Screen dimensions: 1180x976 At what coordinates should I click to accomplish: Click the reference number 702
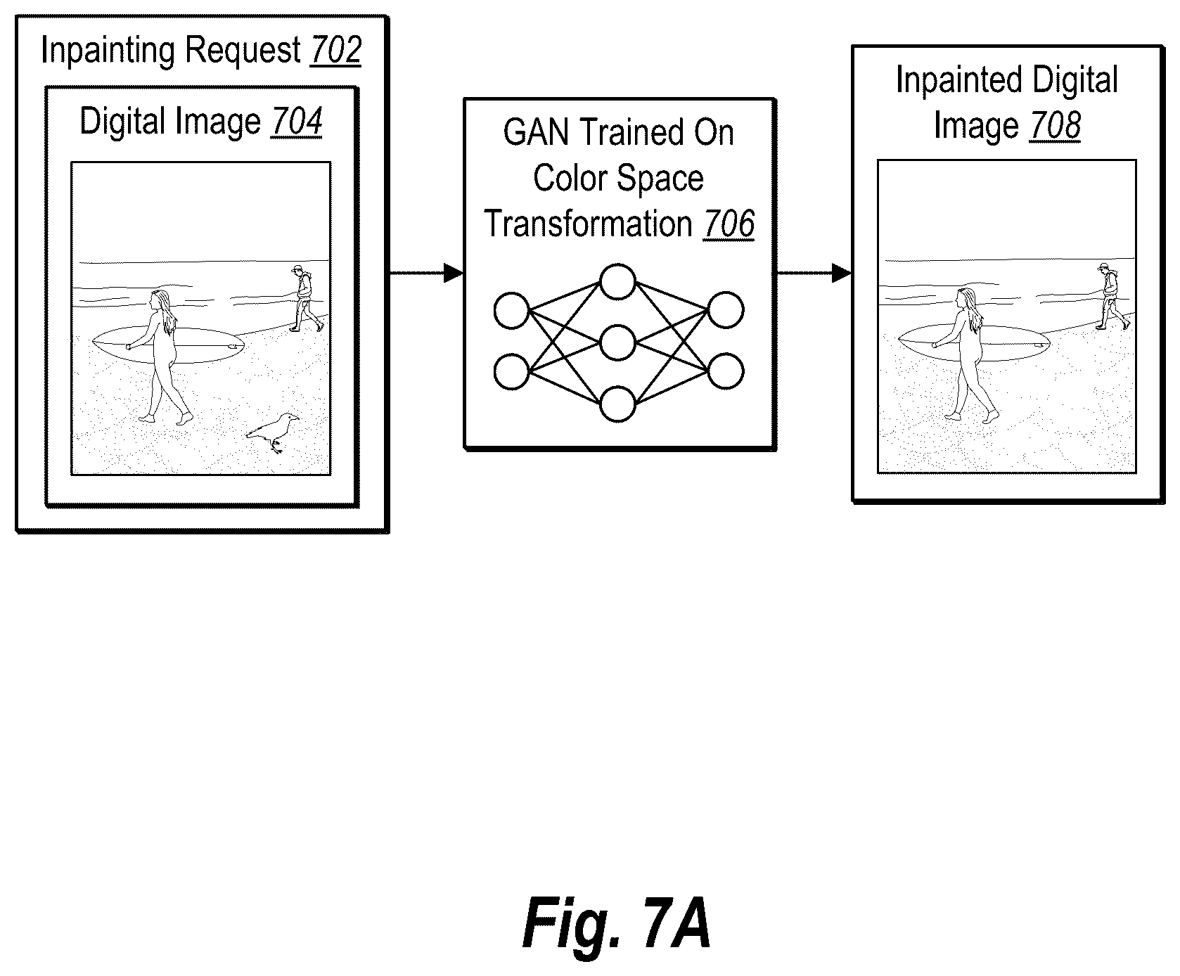pos(335,51)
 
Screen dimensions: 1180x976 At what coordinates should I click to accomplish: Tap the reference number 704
pos(296,122)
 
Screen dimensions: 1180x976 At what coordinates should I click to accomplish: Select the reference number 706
pos(729,224)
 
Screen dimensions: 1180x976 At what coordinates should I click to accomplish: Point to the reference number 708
pos(1055,127)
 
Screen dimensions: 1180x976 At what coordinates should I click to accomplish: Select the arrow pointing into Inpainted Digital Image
pos(814,273)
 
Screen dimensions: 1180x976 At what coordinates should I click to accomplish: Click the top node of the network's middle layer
pos(617,281)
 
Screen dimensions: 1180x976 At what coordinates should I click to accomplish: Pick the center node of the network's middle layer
pos(617,343)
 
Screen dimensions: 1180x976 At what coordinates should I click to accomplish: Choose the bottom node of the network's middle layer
pos(617,404)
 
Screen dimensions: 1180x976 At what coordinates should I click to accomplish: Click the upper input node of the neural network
pos(511,311)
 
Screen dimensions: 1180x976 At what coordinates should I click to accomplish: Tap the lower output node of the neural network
pos(726,371)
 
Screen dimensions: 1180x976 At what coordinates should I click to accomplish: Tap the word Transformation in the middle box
pos(589,224)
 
